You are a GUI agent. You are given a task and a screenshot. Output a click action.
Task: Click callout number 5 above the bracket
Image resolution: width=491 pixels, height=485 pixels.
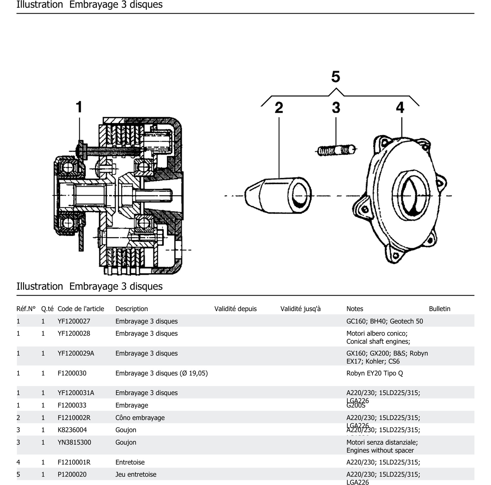point(336,77)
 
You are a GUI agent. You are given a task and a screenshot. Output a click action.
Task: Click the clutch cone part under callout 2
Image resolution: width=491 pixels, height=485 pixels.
point(278,195)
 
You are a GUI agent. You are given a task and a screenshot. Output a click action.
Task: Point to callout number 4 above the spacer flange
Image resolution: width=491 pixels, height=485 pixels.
point(400,108)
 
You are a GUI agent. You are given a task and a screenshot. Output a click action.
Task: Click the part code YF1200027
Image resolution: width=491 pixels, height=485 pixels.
point(74,321)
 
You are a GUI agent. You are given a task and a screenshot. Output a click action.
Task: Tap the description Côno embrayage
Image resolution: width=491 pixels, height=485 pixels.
point(140,418)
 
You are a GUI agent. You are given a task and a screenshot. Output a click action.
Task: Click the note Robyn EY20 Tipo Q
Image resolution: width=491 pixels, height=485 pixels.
point(374,373)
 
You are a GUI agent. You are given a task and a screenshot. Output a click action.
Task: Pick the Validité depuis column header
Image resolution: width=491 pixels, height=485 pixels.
point(235,309)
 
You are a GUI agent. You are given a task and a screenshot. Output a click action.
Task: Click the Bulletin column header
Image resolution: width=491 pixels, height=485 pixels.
point(439,309)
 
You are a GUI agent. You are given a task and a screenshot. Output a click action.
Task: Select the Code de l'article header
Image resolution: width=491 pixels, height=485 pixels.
point(81,309)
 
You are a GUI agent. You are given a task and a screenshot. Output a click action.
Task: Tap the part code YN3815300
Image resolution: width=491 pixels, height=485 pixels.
point(74,442)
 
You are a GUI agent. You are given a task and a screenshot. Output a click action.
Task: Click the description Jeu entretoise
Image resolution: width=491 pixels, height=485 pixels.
point(136,474)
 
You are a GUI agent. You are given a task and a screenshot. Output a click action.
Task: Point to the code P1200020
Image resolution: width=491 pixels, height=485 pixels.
point(72,474)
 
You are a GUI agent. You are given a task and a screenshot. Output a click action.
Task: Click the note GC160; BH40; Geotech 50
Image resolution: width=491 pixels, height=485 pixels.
point(385,321)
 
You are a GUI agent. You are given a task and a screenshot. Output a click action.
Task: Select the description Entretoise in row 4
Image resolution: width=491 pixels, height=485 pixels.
point(130,462)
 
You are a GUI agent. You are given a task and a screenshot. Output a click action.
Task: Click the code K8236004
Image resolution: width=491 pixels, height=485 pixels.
point(72,430)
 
